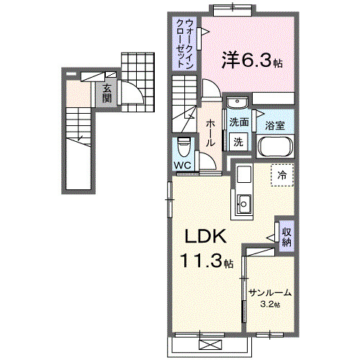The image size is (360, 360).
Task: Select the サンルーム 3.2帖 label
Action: (270, 296)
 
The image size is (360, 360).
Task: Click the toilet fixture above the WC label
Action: (184, 148)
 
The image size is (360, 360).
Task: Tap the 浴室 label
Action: (275, 125)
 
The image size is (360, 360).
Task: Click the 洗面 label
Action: (239, 122)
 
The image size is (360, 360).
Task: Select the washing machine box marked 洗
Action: (238, 141)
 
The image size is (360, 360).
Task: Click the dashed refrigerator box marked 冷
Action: (282, 175)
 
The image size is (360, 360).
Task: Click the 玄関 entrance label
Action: (107, 93)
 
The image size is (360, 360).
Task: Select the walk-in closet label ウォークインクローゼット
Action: (184, 42)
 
